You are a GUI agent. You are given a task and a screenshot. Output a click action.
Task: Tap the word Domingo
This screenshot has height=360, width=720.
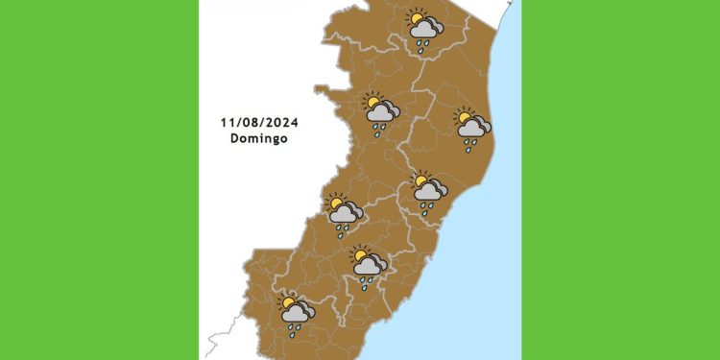pyautogui.click(x=258, y=138)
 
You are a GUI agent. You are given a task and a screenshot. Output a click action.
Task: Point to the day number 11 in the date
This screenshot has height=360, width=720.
pyautogui.click(x=226, y=123)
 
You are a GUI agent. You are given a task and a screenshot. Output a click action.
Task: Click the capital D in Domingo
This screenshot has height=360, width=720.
pyautogui.click(x=234, y=138)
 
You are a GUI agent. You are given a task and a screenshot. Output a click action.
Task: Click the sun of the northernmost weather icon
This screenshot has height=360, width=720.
pyautogui.click(x=416, y=18)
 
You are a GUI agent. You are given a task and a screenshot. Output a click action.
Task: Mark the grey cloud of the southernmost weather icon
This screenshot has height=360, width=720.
pyautogui.click(x=297, y=313)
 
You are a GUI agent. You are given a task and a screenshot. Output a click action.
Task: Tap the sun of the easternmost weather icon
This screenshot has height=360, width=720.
pyautogui.click(x=465, y=118)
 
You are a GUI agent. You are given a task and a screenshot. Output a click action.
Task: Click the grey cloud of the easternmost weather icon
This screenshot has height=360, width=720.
pyautogui.click(x=474, y=130)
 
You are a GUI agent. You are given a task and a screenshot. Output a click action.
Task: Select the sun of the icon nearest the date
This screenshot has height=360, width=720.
pyautogui.click(x=372, y=101)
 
